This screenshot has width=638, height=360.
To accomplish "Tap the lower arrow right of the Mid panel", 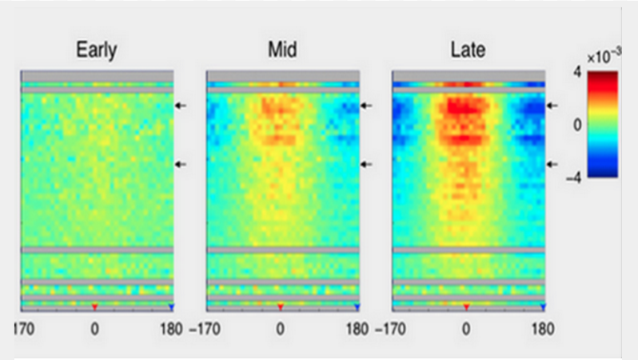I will coord(366,164).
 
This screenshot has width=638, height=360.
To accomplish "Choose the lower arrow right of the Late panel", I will coord(552,164).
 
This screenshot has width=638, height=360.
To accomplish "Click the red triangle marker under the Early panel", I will coord(94,307).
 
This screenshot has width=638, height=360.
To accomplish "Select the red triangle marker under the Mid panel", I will coord(281,307).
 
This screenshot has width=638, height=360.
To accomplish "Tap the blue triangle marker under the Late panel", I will coord(542,307).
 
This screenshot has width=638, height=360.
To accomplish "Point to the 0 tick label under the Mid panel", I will coord(281,327).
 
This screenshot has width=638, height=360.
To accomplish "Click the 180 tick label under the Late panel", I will coord(543,327).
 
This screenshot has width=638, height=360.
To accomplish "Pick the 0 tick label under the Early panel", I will coord(95,327).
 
